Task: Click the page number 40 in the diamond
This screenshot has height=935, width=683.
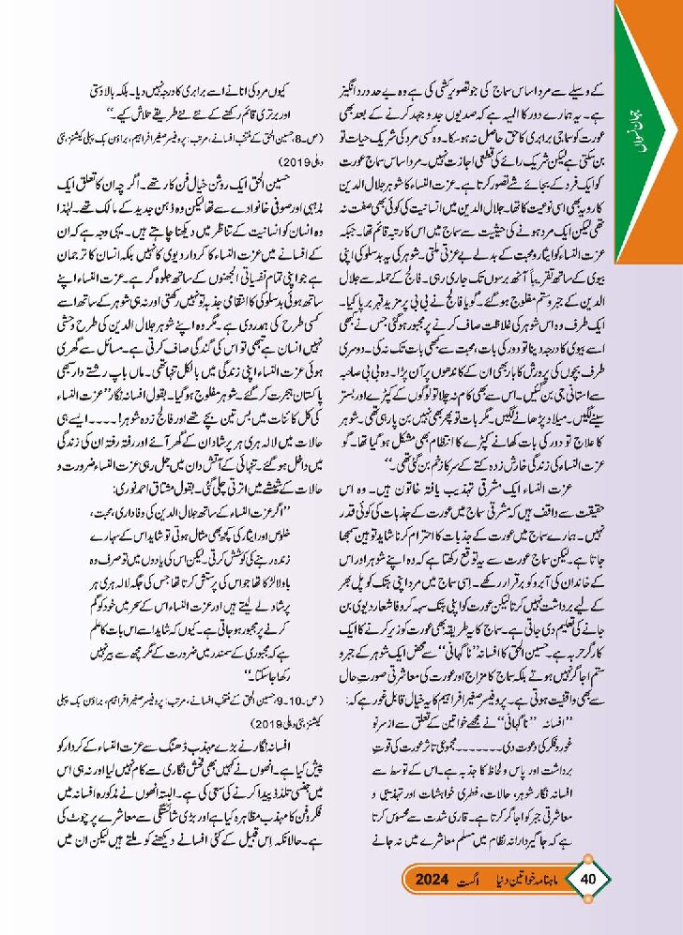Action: [589, 881]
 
